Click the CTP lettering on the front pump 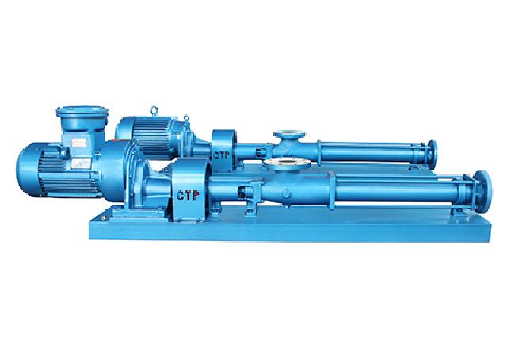[x=188, y=195]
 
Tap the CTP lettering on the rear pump [x=222, y=155]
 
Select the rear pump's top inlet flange [x=290, y=134]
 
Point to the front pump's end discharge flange [x=482, y=187]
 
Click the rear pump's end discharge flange [x=432, y=154]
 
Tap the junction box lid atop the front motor [x=82, y=111]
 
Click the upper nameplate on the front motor [x=78, y=143]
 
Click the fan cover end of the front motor [x=28, y=170]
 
